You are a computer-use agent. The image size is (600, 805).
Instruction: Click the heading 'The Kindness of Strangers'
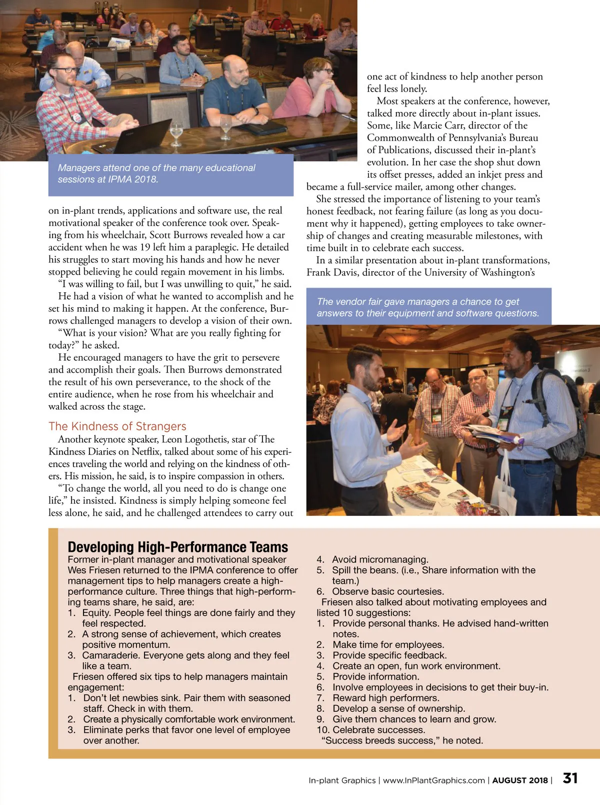[x=117, y=426]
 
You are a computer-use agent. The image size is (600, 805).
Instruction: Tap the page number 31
[x=570, y=778]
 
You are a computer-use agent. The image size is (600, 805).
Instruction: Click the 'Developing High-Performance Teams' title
[x=177, y=547]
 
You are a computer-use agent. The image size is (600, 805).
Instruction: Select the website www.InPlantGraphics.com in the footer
[x=433, y=780]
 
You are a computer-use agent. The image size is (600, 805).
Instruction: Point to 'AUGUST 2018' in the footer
[x=520, y=780]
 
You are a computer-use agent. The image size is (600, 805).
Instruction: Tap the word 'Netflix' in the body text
[x=144, y=452]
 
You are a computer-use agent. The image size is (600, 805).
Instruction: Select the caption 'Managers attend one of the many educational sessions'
[x=156, y=174]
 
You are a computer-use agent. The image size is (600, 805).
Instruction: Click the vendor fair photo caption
[x=427, y=307]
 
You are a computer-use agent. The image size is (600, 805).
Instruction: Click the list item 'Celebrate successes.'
[x=378, y=730]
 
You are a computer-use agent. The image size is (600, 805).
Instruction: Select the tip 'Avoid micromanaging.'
[x=380, y=559]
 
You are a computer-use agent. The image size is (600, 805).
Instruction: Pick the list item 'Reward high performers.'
[x=385, y=698]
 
